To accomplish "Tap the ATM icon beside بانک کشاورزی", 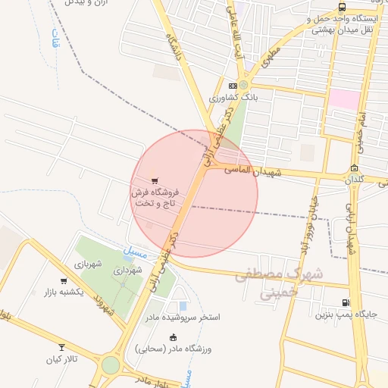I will [233, 86].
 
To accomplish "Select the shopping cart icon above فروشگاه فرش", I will [155, 180].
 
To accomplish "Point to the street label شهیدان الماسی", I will [253, 171].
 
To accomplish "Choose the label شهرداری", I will [128, 269].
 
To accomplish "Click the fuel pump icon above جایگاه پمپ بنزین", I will [346, 302].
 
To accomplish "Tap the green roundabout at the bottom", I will [111, 365].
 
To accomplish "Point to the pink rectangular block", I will [344, 99].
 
